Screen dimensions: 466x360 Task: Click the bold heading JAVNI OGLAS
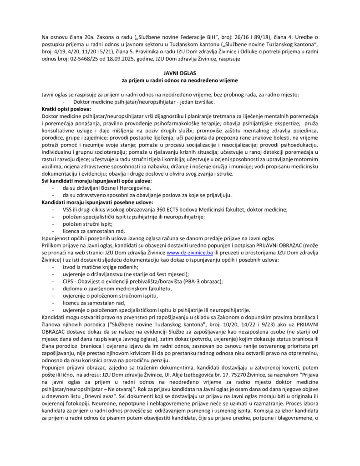[x=179, y=73]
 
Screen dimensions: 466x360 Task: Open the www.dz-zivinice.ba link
[x=190, y=252]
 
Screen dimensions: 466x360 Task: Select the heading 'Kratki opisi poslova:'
[x=66, y=109]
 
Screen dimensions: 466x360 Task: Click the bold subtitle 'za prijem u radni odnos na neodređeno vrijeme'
[x=179, y=81]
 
